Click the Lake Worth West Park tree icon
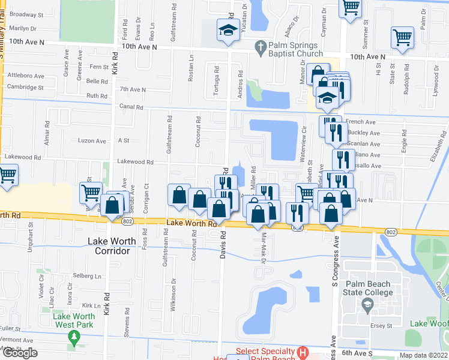74,337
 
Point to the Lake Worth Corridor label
108,246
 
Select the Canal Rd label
131,107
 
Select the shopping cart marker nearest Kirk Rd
91,193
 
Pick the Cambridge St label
25,87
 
